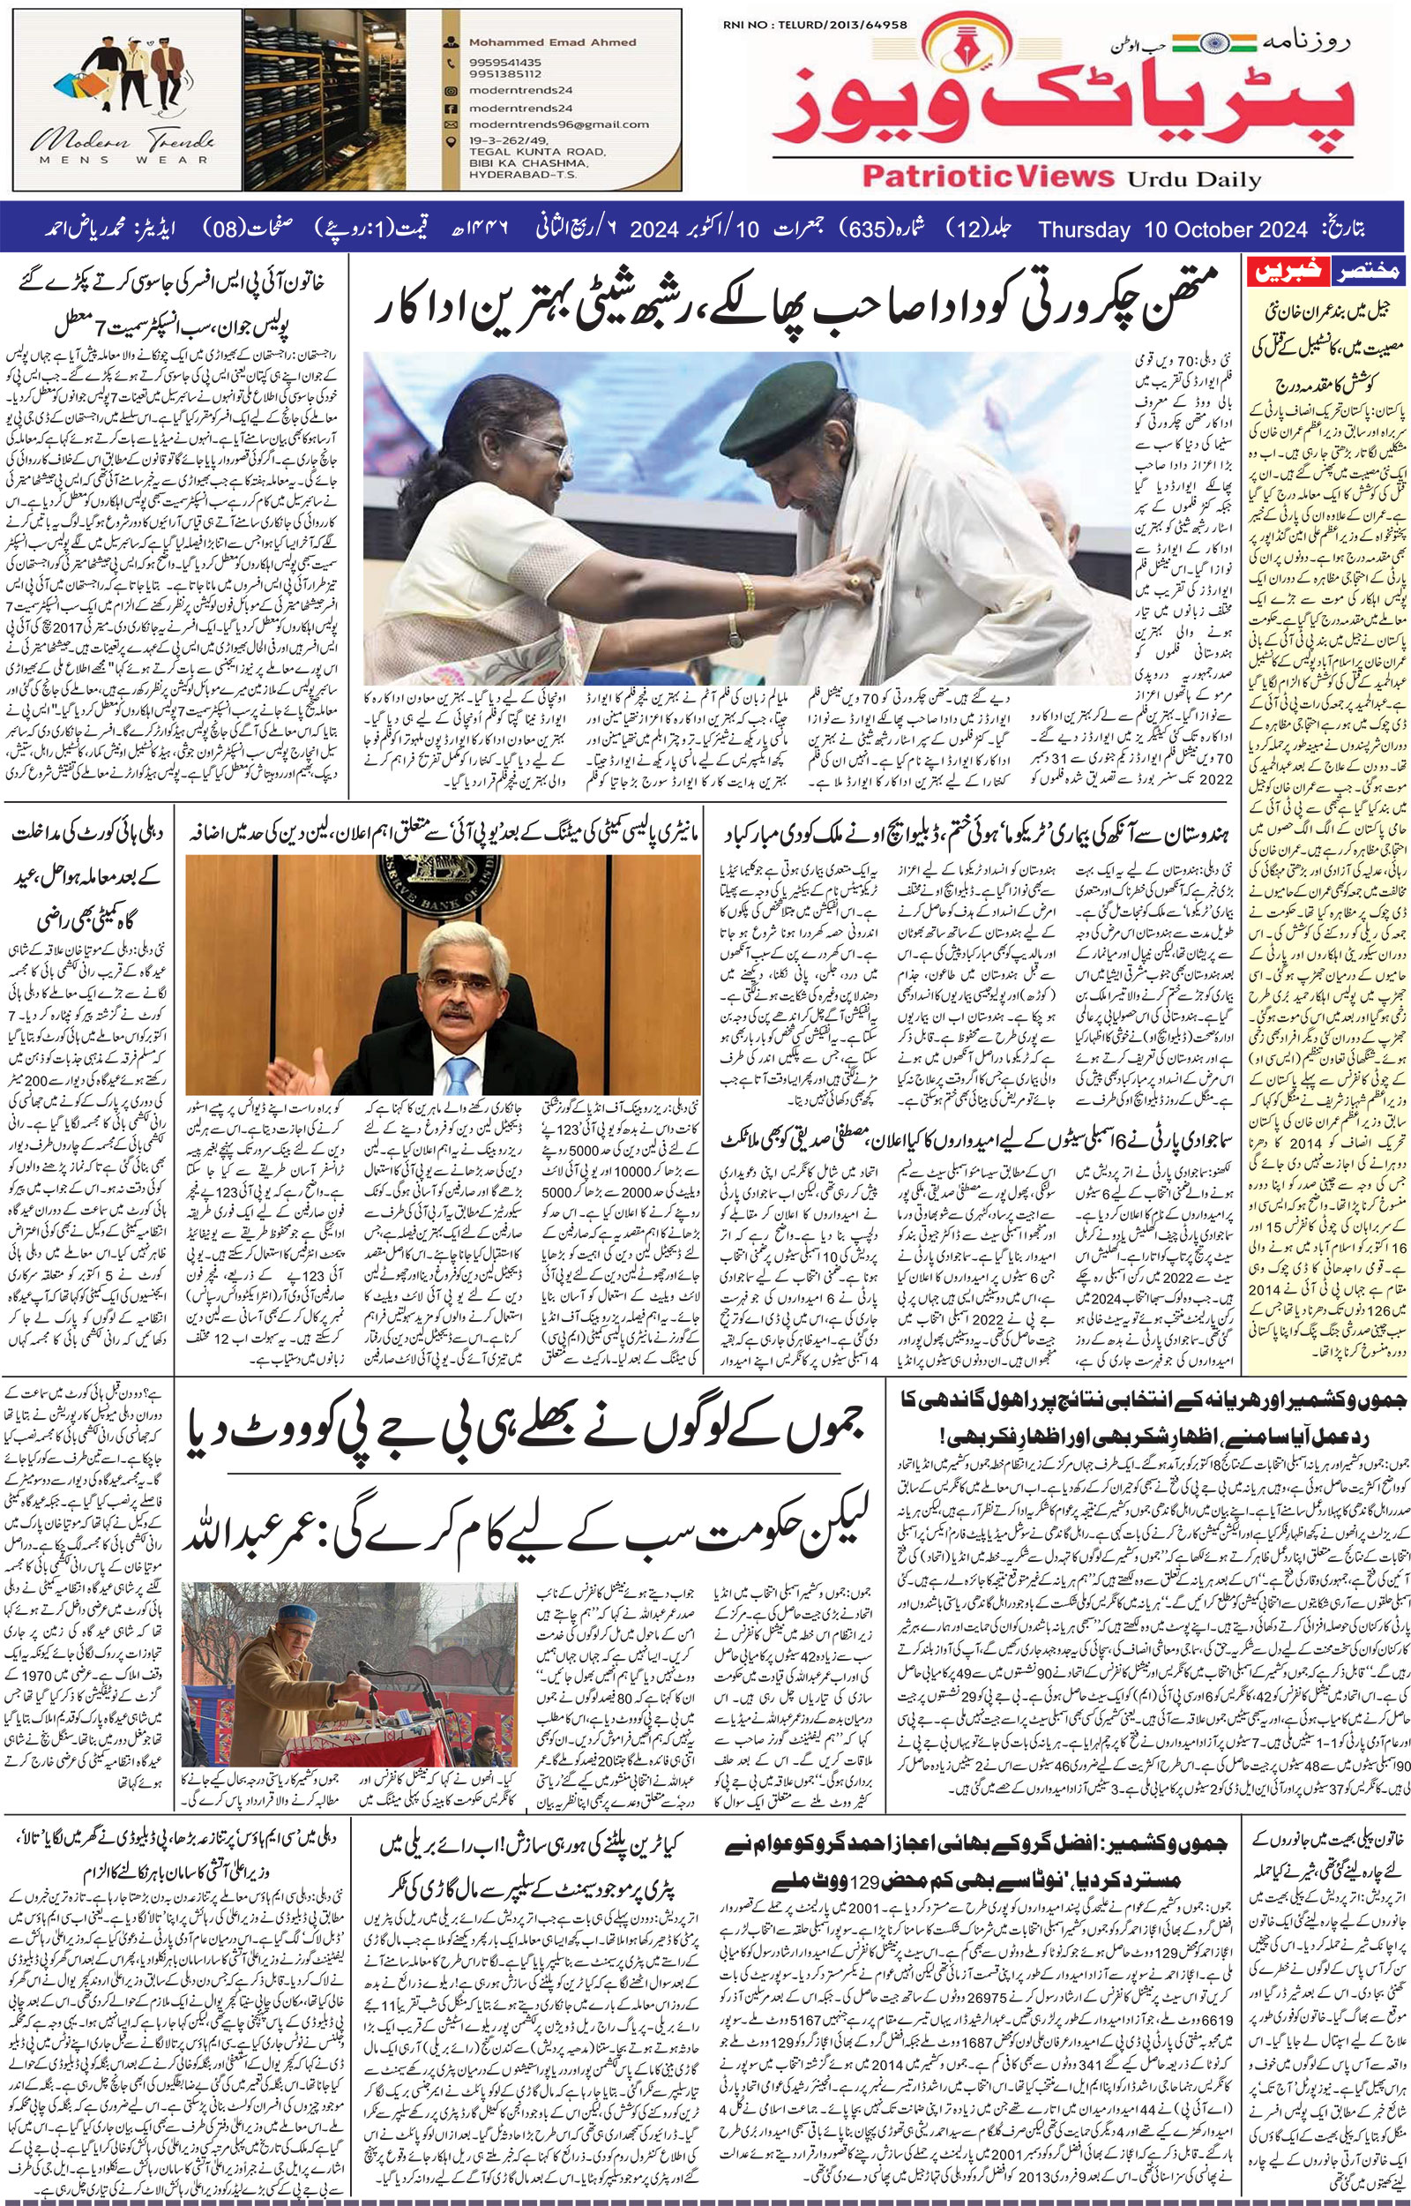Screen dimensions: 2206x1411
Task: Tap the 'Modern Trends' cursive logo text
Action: click(123, 143)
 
